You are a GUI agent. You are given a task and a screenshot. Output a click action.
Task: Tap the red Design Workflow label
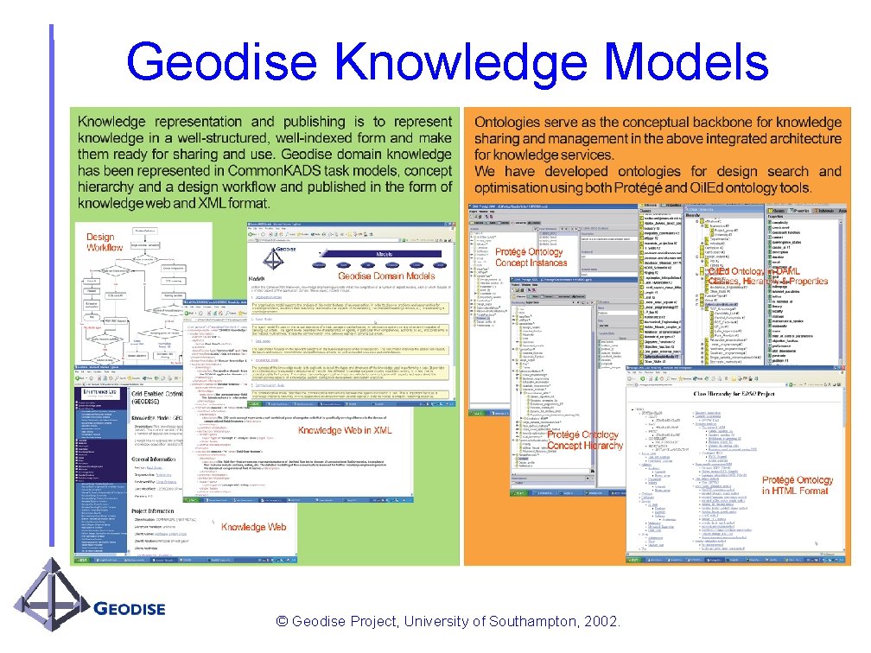pos(105,242)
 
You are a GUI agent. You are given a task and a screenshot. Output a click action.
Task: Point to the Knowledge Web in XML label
pos(345,430)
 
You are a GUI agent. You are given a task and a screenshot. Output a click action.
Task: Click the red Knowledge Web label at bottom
pos(253,527)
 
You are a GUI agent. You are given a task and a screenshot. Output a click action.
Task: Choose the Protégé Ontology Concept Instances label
pos(531,257)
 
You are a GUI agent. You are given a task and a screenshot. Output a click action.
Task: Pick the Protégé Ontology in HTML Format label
pos(797,485)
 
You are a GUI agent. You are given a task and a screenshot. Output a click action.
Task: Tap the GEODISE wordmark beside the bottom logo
pos(129,609)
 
